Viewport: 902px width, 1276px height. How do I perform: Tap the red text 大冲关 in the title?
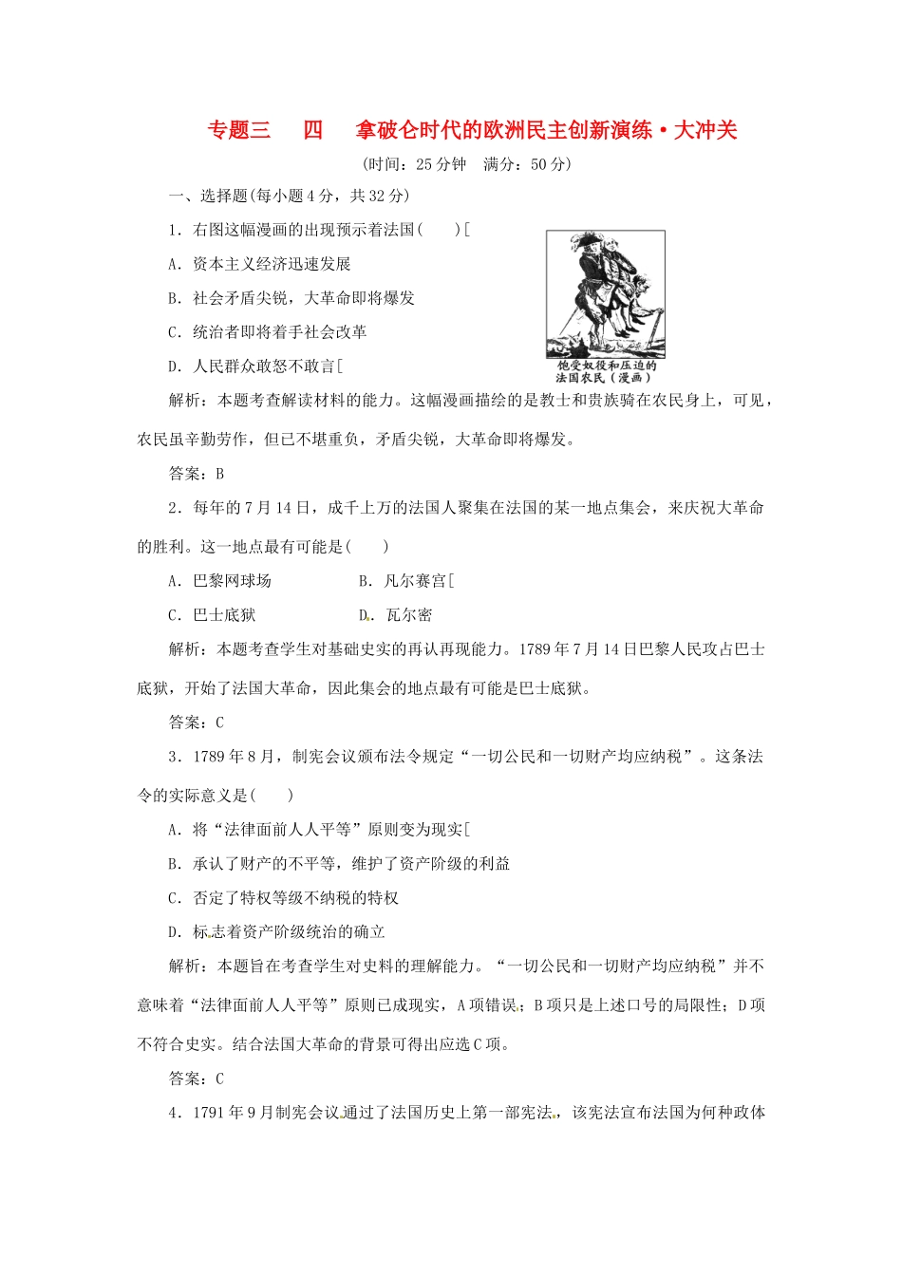[705, 131]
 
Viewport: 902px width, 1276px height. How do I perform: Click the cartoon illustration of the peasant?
[605, 293]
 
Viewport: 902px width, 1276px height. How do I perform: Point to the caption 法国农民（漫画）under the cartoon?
[605, 377]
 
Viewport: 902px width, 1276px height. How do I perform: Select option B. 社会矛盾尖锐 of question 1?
[291, 298]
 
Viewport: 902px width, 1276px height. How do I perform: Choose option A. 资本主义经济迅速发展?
[259, 264]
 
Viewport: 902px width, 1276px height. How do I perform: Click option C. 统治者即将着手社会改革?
[267, 332]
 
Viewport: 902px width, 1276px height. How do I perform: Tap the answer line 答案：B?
[197, 474]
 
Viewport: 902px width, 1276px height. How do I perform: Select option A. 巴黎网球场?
[219, 581]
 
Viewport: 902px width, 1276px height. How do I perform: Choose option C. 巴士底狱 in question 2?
[212, 615]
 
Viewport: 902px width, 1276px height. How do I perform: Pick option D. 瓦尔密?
[396, 615]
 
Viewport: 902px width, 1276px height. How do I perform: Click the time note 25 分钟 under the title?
[441, 164]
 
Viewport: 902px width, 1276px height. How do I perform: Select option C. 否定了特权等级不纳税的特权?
[283, 898]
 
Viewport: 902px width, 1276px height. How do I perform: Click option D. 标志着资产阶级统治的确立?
[276, 932]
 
